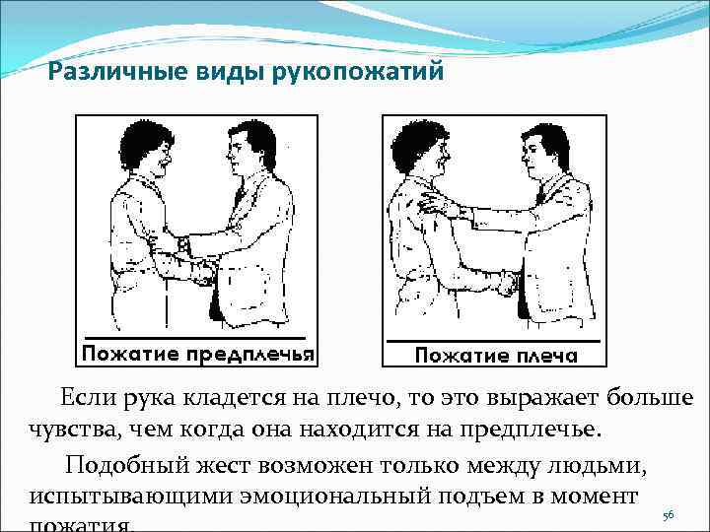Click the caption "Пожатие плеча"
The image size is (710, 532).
(495, 355)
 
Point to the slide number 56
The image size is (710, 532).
(669, 515)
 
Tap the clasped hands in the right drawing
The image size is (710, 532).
(506, 284)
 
